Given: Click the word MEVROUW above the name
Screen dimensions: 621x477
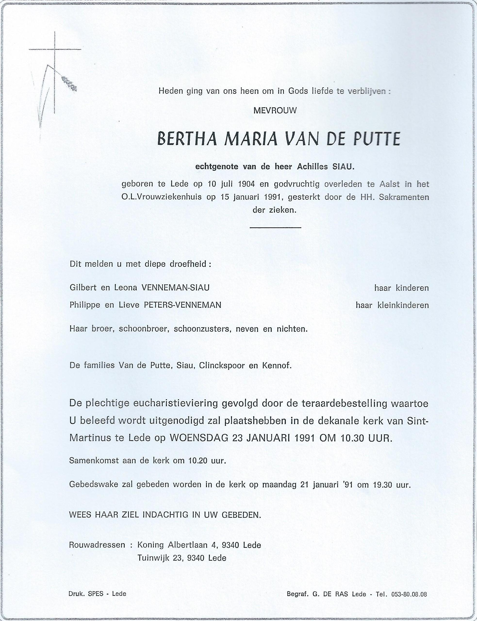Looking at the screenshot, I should [x=275, y=111].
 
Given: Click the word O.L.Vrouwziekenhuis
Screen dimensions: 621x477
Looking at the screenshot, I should [x=162, y=198].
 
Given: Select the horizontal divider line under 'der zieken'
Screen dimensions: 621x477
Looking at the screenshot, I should [x=275, y=227].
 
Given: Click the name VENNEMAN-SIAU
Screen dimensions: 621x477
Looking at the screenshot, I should [x=175, y=288].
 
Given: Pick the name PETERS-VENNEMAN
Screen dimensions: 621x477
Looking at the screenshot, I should [x=182, y=305].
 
